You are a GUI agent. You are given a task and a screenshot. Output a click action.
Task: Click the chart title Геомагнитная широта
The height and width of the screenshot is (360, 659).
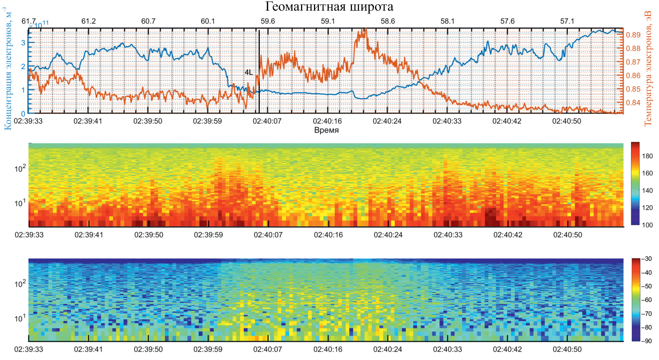[329, 7]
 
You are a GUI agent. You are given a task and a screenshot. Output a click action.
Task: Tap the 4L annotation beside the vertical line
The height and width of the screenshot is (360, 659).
[249, 72]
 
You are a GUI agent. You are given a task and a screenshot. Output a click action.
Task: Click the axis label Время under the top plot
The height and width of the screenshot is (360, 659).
[326, 130]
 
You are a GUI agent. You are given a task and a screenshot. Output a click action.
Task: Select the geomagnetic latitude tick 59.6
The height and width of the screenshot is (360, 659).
[268, 21]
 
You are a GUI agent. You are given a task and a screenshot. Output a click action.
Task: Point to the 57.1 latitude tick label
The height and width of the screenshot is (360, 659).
[567, 21]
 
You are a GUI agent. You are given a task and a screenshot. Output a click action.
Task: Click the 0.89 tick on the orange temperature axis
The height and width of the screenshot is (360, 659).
[633, 35]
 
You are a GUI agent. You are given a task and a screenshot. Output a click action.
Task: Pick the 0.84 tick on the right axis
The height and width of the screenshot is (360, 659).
[633, 103]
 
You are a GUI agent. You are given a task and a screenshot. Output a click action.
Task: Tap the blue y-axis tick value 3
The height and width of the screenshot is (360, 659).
[23, 43]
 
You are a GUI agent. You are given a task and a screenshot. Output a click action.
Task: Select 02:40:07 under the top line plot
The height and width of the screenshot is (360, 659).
[267, 121]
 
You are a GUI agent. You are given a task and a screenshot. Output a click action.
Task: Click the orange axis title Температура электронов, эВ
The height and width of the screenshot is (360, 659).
[648, 68]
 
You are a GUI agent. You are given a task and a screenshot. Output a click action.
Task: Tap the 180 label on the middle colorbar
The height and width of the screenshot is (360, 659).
[647, 156]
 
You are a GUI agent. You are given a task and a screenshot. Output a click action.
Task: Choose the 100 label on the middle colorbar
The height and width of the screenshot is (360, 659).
[647, 225]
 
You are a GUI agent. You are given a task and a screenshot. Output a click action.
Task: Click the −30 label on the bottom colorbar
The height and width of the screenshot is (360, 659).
[646, 259]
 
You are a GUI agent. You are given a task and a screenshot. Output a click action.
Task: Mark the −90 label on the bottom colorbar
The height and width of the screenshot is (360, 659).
[646, 341]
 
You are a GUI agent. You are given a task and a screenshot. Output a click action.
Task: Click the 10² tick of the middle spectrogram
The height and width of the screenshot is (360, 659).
[20, 169]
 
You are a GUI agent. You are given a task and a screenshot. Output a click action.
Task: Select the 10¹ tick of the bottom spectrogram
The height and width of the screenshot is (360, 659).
[20, 319]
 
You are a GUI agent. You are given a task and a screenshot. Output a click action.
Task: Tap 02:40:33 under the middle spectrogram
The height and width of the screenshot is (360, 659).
[448, 235]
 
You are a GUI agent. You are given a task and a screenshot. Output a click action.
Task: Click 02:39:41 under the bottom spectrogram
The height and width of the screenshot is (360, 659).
[88, 349]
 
